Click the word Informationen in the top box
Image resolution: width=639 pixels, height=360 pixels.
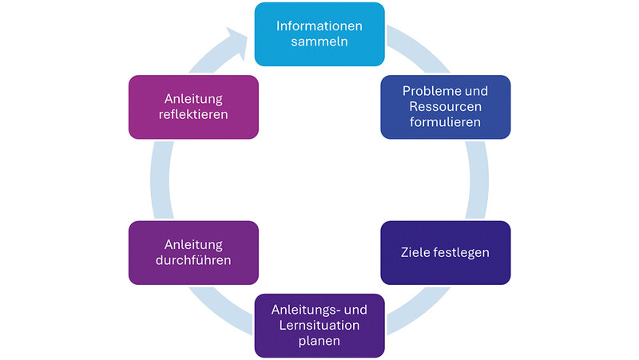click(319, 26)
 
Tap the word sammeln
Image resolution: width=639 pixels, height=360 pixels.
click(319, 42)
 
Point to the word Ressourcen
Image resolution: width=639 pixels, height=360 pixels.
click(445, 107)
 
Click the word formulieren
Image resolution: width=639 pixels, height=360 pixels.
click(445, 123)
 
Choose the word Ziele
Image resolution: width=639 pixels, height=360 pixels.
click(417, 253)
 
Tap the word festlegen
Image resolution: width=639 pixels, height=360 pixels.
click(462, 253)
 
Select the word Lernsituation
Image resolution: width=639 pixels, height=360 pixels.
click(319, 326)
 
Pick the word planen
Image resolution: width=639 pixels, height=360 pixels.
click(319, 342)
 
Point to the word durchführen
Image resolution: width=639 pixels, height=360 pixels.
click(192, 260)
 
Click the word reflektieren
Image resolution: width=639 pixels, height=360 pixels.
click(192, 115)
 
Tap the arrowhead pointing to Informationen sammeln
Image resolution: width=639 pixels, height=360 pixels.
click(237, 40)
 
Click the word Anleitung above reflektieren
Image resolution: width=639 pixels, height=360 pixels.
click(192, 99)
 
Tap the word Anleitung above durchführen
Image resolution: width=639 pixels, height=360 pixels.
click(192, 244)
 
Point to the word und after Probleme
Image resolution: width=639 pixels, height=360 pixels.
click(477, 91)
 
